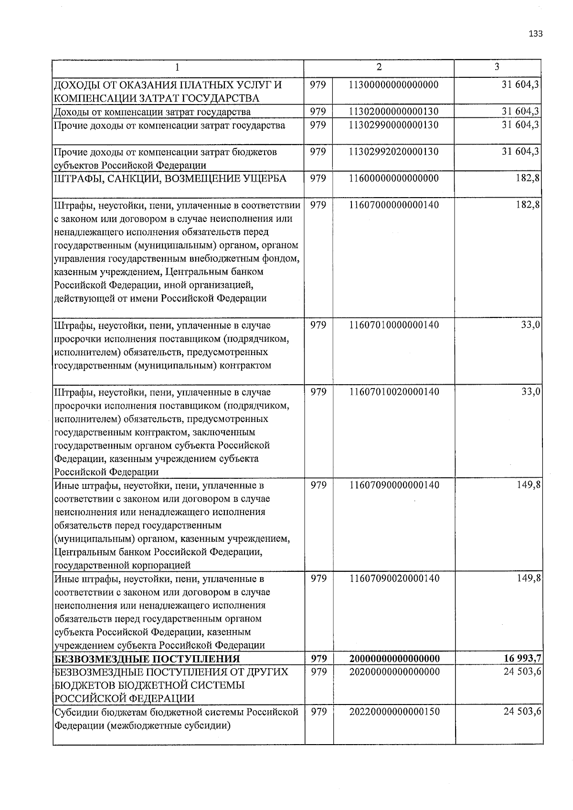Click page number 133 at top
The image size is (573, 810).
(536, 34)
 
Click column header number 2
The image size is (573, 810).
(379, 67)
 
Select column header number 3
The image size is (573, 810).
(497, 67)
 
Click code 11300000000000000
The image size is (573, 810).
(394, 85)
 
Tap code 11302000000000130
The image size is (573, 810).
(394, 112)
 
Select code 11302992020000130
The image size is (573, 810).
(394, 152)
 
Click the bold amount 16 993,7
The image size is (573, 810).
(522, 659)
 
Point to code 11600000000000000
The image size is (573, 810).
(394, 179)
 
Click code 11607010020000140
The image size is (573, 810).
(394, 392)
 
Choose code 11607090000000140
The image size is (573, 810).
(394, 485)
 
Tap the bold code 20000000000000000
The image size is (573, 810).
(394, 659)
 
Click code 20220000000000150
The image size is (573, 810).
(394, 712)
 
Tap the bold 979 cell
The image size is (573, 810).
(318, 659)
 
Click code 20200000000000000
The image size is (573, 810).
(394, 672)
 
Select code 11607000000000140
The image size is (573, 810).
(394, 205)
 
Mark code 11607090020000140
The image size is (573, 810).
(394, 579)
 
